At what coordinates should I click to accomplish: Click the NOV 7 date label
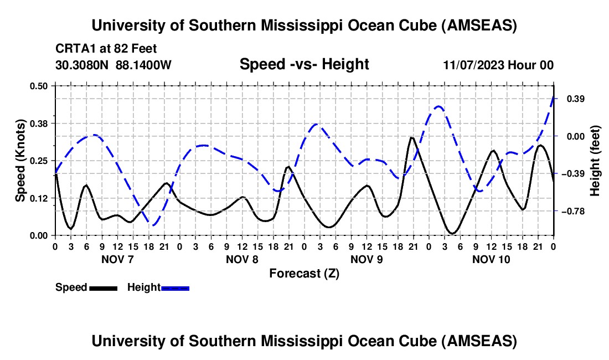[117, 259]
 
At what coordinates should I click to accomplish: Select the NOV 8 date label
[242, 259]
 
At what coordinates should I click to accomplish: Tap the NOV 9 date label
[367, 259]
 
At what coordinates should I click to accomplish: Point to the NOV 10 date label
[491, 259]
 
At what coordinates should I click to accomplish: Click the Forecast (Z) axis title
[304, 273]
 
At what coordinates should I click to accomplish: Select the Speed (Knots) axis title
[20, 161]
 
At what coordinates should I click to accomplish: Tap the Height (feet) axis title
[595, 161]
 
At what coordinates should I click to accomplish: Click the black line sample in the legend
[103, 288]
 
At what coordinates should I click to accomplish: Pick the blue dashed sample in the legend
[176, 288]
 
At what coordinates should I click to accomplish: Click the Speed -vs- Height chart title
[304, 64]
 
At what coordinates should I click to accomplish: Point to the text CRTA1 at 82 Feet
[106, 49]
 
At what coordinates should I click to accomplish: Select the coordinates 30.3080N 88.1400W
[113, 65]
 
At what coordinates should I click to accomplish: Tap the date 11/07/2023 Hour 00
[498, 65]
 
